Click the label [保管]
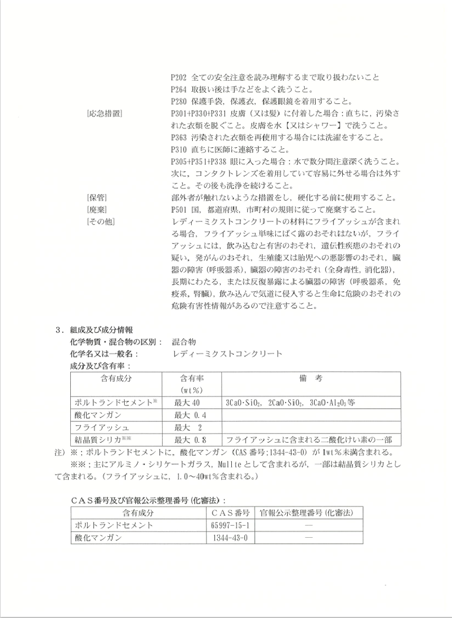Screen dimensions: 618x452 97,198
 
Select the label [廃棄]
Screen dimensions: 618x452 97,210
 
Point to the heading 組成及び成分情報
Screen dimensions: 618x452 101,330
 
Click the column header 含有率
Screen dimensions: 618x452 191,378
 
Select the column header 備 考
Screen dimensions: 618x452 310,378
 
